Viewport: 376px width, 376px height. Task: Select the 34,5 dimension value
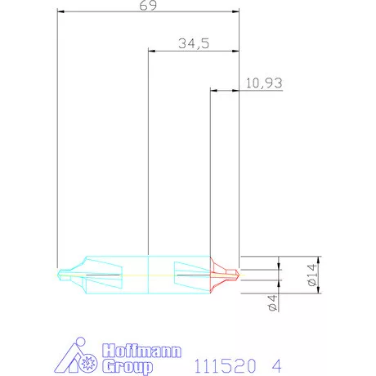pos(194,43)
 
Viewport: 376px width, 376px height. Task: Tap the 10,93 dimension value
pos(261,83)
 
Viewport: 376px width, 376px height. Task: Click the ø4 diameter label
pos(271,305)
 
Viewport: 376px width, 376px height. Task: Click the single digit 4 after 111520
pos(282,361)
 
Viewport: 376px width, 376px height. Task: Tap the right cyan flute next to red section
pos(193,273)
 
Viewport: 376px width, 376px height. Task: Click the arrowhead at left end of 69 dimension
pos(60,11)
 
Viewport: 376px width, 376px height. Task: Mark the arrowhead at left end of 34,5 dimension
pos(150,50)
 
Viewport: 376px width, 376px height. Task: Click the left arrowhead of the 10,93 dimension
pos(213,90)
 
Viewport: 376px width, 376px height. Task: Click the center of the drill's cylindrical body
pos(148,273)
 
